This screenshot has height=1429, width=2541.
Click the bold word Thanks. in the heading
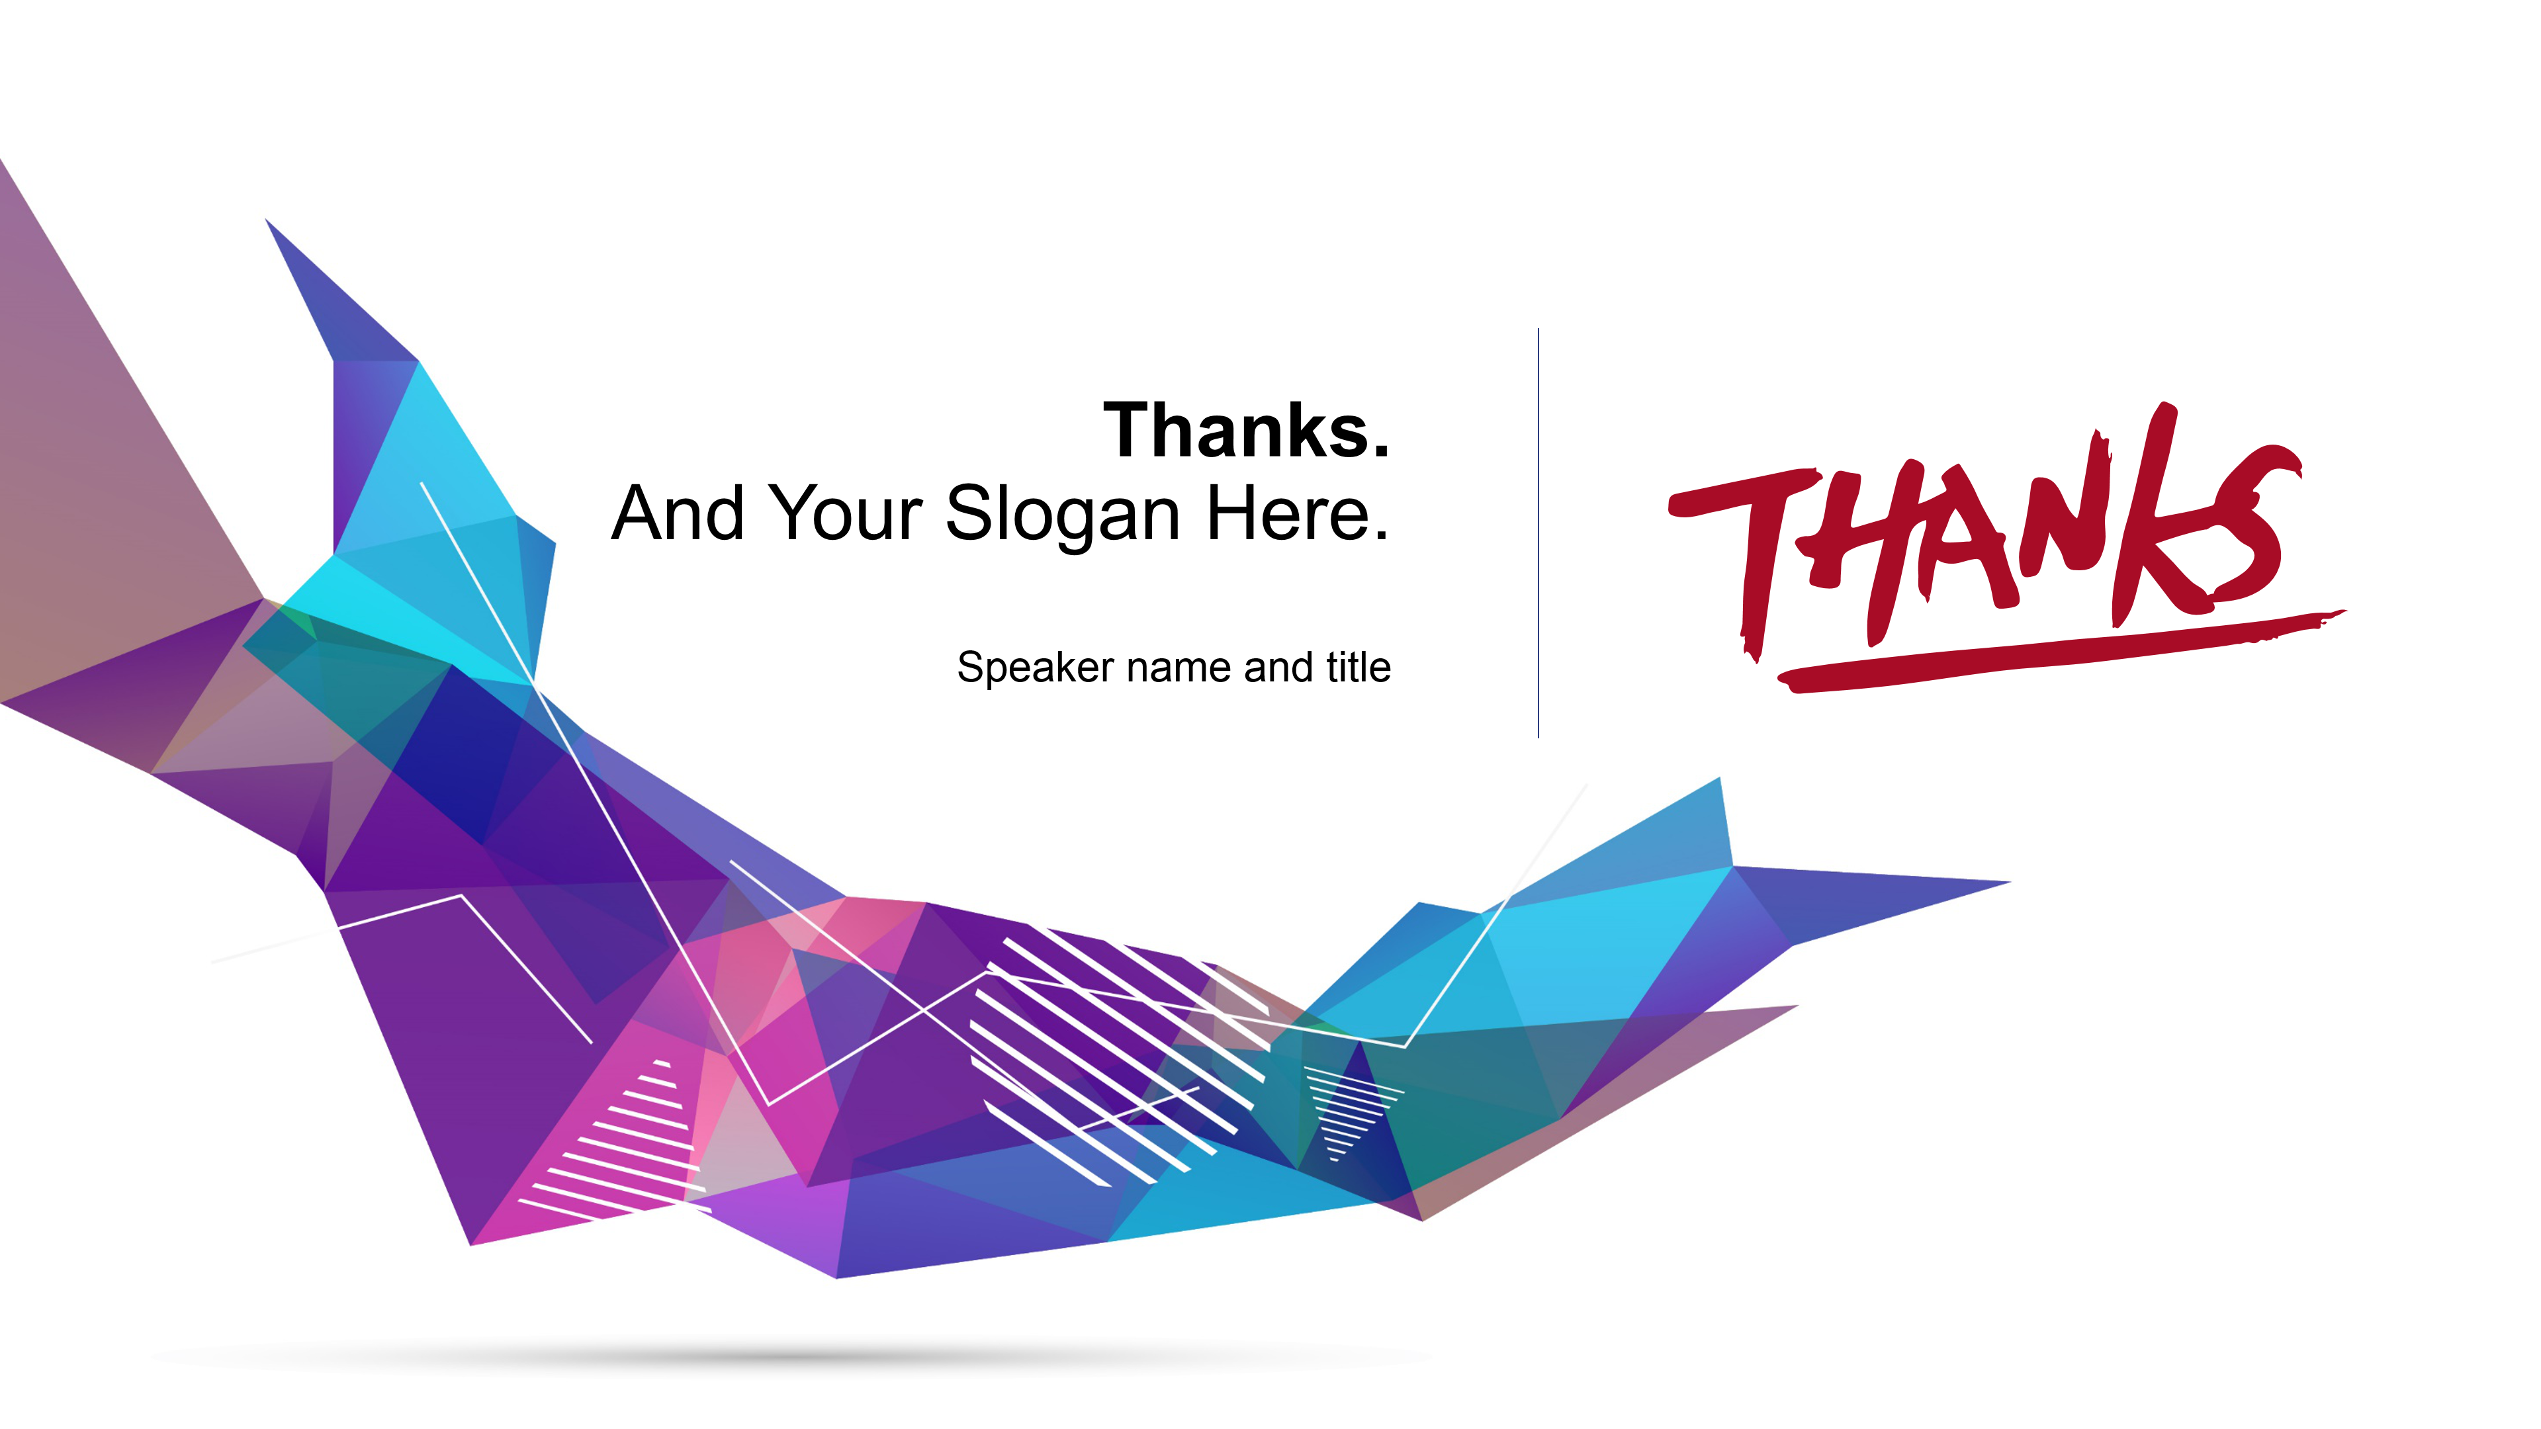[x=1247, y=430]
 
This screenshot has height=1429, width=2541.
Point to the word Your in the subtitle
[x=846, y=513]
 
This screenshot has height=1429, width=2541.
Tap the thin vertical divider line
[x=1538, y=533]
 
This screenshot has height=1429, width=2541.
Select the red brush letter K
[x=2151, y=513]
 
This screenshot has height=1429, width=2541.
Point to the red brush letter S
[x=2249, y=523]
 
